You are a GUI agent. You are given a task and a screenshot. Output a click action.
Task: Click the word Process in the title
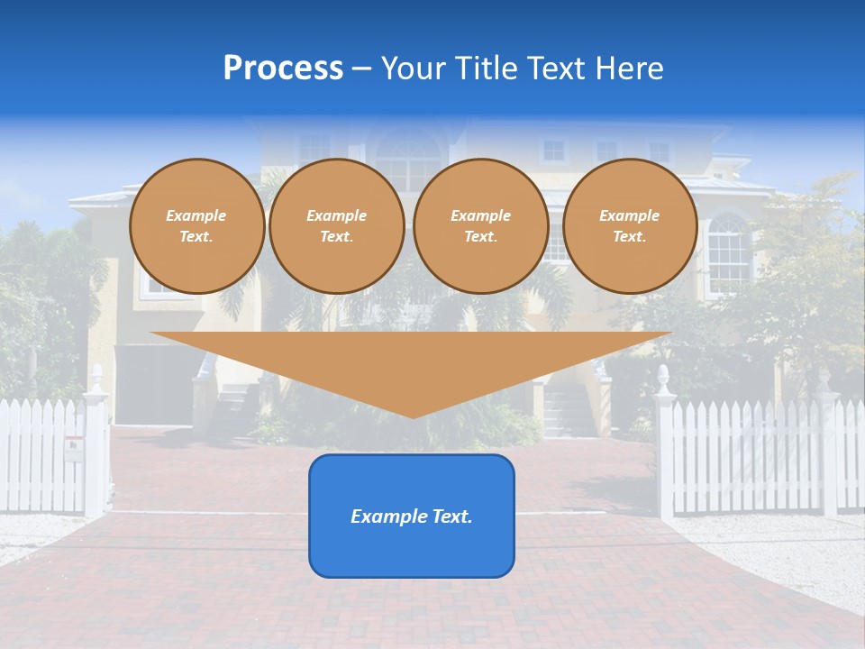coord(283,69)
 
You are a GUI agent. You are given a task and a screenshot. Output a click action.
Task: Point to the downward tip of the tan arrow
coord(413,414)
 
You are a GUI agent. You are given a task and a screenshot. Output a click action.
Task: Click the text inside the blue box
coord(411,516)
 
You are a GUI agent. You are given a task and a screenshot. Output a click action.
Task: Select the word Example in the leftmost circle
coord(196,215)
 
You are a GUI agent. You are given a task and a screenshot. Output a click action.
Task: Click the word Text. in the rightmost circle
coord(629,237)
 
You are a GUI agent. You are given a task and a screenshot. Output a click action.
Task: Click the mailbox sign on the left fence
coord(72,445)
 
